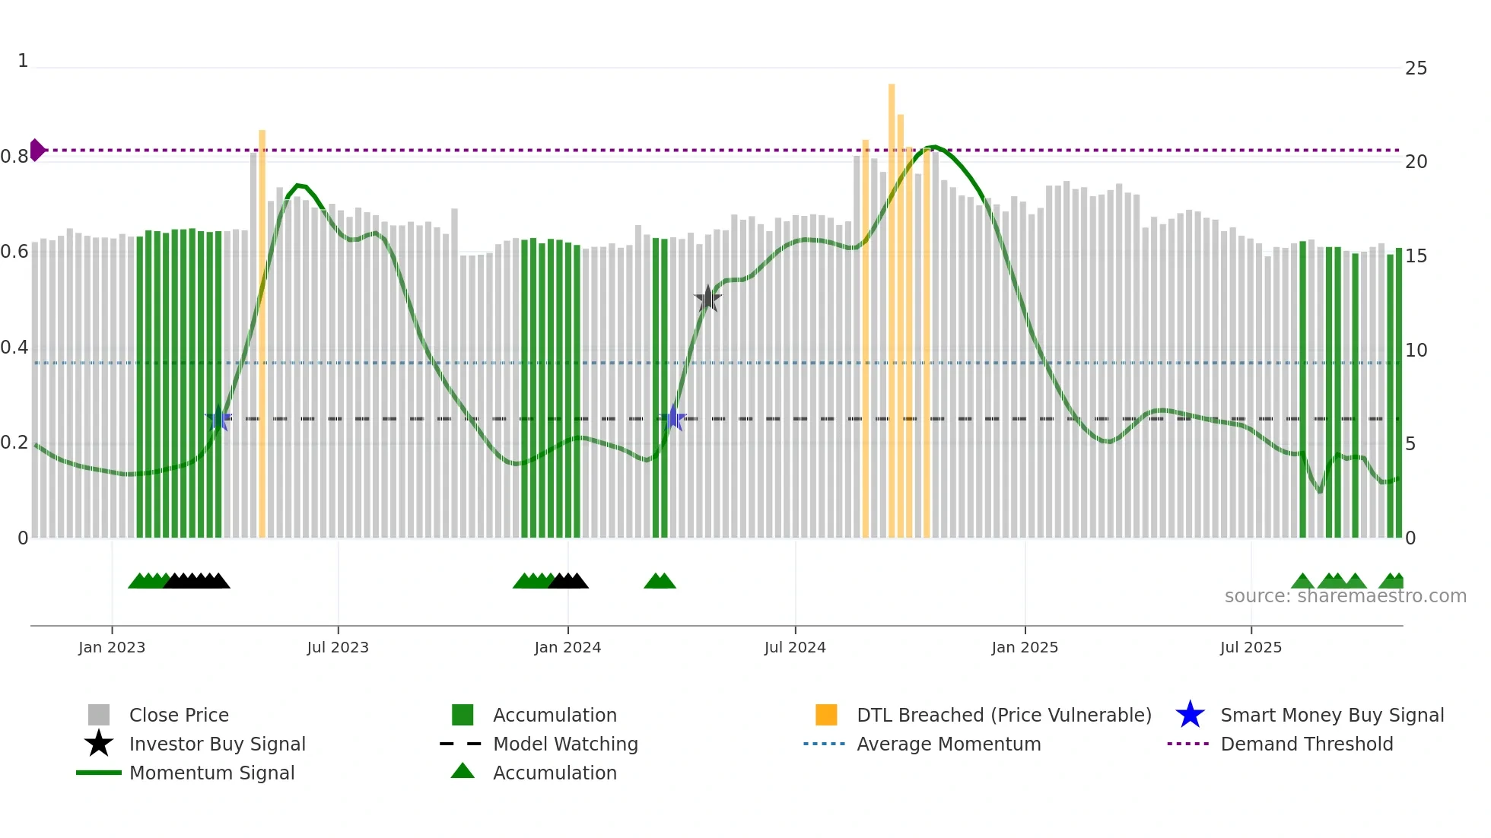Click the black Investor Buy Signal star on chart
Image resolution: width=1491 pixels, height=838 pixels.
tap(707, 299)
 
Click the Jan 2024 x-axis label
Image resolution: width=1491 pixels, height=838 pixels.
tap(567, 647)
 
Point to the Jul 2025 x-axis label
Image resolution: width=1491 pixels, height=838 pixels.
tap(1251, 647)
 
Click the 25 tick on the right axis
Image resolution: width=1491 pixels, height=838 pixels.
tap(1416, 68)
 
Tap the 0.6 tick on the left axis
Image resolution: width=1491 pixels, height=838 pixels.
tap(14, 252)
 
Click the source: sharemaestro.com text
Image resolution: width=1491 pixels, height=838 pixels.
tap(1345, 596)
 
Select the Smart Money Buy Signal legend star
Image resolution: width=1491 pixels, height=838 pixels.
tap(1190, 715)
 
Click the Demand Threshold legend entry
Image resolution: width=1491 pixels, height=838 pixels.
tap(1306, 744)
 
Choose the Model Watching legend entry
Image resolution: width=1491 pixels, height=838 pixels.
tap(564, 744)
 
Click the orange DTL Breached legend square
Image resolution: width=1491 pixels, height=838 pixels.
tap(826, 715)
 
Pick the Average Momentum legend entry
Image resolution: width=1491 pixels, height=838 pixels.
tap(948, 744)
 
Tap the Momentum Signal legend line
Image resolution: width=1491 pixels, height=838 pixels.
tap(99, 773)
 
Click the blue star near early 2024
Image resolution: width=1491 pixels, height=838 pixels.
tap(672, 418)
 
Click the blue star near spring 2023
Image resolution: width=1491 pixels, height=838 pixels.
tap(218, 418)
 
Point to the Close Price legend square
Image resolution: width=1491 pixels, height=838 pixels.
tap(99, 715)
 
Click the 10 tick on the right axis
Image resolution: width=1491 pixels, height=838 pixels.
tap(1416, 351)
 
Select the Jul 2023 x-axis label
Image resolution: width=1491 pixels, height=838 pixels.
tap(338, 647)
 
